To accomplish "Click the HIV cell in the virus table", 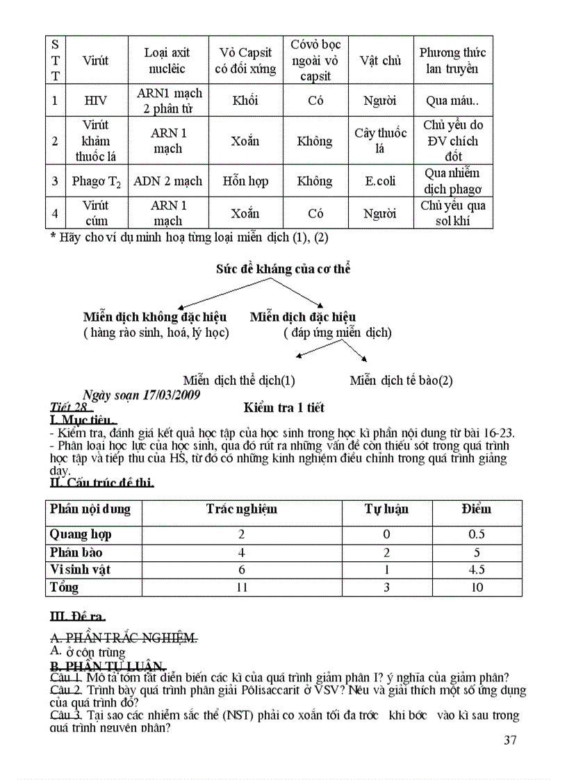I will [95, 101].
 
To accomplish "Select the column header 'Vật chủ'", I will [380, 60].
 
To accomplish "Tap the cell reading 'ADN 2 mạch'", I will [167, 181].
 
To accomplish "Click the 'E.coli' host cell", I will [380, 181].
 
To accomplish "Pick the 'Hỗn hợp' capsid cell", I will [245, 181].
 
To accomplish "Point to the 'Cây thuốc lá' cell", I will [380, 141].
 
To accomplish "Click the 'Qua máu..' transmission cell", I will [452, 101].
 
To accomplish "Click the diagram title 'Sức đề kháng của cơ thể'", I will [283, 269].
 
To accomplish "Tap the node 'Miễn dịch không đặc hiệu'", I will [155, 317].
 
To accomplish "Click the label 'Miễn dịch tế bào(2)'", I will [401, 380].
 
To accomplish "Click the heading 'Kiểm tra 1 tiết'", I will [283, 407].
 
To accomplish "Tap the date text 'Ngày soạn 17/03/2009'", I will [141, 395].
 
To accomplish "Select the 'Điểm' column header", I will [476, 509].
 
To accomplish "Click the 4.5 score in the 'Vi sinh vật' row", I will [476, 570].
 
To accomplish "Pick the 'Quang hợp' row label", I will [81, 534].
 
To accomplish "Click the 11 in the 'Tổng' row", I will [241, 588].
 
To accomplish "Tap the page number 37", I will [510, 740].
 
